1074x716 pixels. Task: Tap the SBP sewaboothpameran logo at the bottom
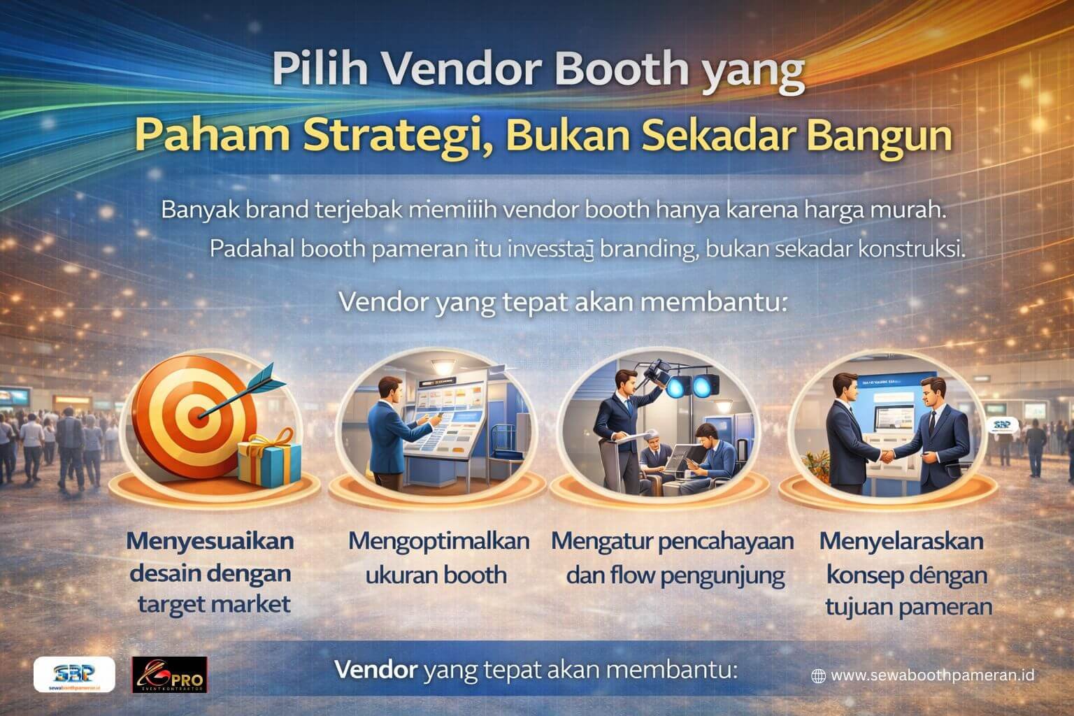coord(74,675)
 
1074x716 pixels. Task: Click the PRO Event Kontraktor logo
coord(170,675)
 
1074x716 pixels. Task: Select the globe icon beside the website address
coord(818,675)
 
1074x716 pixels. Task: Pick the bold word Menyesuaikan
coord(210,541)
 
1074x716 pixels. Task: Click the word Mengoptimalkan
coord(438,541)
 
